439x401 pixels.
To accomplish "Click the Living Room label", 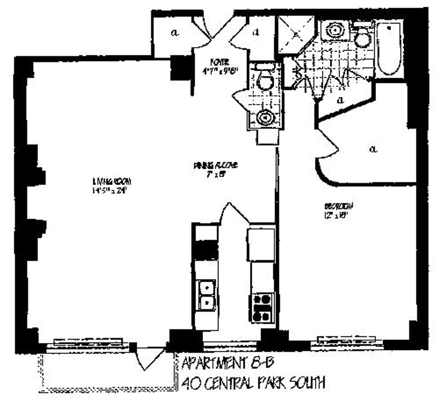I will click(x=112, y=181).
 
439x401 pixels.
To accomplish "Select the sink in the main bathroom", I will click(x=333, y=31).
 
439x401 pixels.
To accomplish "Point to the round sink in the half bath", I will click(x=265, y=117).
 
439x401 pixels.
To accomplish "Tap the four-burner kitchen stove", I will click(x=263, y=307).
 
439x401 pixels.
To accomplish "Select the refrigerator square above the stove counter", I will click(x=261, y=244).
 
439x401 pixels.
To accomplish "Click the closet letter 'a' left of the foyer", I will click(x=174, y=32).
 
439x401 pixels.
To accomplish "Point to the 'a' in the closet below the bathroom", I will click(x=340, y=100).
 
